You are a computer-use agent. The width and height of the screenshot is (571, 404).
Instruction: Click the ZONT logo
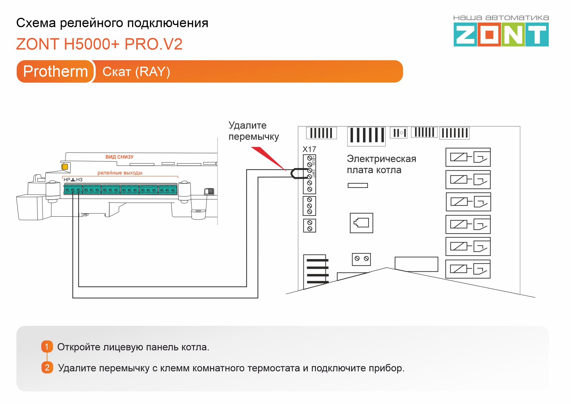click(501, 35)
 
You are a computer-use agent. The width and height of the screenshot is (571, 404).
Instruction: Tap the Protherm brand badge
click(55, 71)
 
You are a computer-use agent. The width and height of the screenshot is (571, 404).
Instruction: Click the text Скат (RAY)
click(136, 72)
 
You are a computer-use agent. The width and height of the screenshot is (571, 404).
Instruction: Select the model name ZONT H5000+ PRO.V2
click(99, 44)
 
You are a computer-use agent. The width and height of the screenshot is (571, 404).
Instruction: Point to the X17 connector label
click(309, 149)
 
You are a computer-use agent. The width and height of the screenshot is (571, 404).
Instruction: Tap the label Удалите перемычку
click(253, 131)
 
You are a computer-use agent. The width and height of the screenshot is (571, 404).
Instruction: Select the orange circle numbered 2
click(47, 367)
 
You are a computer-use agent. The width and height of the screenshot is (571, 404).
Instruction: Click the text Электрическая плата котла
click(381, 164)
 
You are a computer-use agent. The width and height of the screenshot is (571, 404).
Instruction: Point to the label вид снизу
click(119, 157)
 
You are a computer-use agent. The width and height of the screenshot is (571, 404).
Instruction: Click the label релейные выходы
click(120, 173)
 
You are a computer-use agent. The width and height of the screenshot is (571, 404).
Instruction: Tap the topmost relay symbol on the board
click(468, 157)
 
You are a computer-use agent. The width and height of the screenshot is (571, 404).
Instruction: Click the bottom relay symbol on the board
click(468, 269)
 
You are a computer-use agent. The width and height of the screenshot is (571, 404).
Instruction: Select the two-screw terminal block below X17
click(309, 225)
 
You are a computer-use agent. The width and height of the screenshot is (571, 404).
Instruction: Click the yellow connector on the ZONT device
click(64, 167)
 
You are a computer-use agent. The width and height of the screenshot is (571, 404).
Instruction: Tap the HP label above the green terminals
click(67, 180)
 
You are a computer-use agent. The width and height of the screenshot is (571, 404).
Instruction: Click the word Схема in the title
click(36, 23)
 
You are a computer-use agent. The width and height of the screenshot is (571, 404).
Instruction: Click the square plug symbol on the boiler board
click(361, 223)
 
